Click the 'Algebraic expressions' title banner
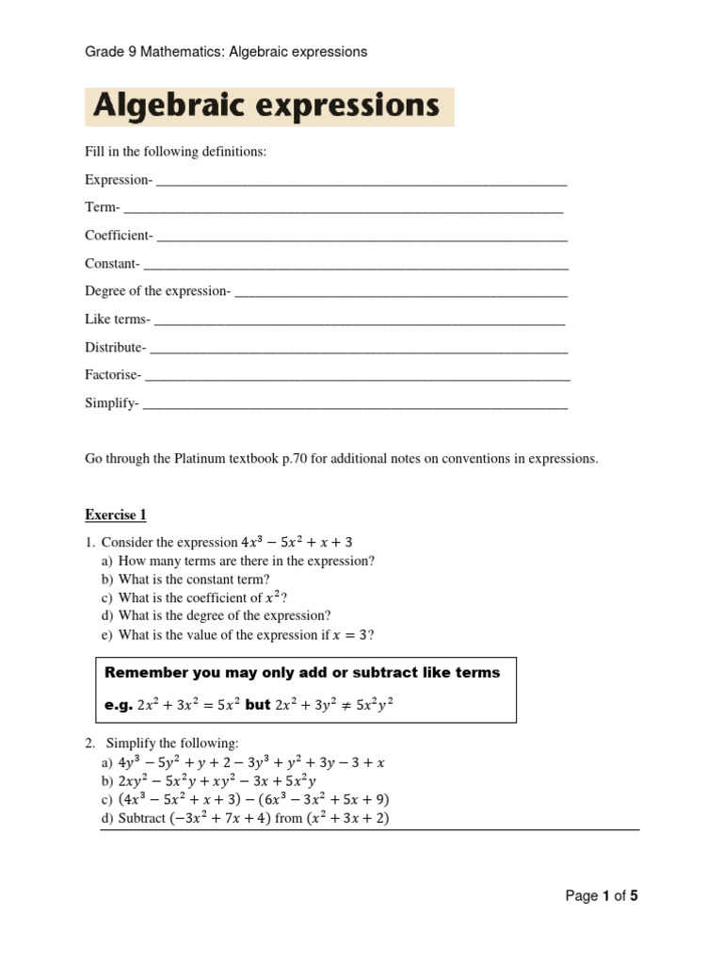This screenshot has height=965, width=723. tap(268, 106)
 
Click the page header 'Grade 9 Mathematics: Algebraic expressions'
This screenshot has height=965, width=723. tap(226, 52)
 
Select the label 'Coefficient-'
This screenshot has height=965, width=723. tap(119, 236)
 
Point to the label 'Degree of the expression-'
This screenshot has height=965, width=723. tap(157, 291)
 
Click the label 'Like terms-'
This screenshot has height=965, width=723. tap(118, 319)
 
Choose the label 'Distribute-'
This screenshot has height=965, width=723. tap(116, 348)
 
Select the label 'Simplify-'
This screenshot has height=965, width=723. tap(112, 403)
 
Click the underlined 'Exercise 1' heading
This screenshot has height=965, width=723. tap(116, 515)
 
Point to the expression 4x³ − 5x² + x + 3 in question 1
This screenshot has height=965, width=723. tap(297, 542)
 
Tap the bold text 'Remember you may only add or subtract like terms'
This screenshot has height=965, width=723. tap(302, 672)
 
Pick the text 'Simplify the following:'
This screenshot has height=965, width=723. tap(172, 744)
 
